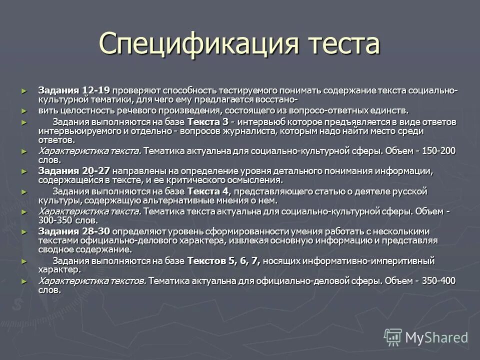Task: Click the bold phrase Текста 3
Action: tap(207, 122)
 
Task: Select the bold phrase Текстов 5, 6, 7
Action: tap(223, 261)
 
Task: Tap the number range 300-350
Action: tap(56, 220)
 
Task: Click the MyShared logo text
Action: tap(436, 337)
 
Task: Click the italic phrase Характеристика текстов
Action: tap(92, 280)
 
